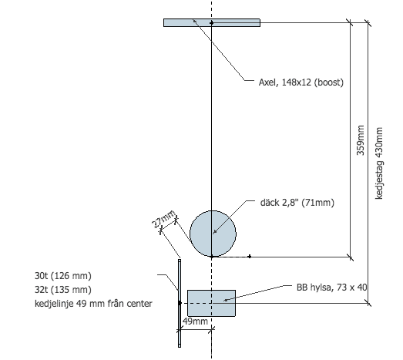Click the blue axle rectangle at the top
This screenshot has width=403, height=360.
(x=212, y=22)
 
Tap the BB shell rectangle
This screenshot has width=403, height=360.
(x=212, y=303)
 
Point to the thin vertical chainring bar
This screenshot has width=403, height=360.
(x=180, y=303)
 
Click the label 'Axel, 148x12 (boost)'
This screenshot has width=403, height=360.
(x=301, y=82)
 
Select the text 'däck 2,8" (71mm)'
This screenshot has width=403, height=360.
(x=297, y=203)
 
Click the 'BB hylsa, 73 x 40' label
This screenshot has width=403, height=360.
(x=332, y=288)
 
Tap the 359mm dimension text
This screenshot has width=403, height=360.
(x=361, y=140)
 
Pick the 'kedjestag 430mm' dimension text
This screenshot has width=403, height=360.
(x=379, y=163)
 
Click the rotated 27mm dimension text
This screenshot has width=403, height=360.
(x=164, y=219)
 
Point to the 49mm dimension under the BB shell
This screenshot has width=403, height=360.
(x=195, y=321)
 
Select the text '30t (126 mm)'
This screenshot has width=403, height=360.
(x=63, y=276)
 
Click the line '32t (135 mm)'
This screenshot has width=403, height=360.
(x=63, y=290)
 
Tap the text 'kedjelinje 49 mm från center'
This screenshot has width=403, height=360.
(x=93, y=304)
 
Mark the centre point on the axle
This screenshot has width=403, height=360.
(x=212, y=23)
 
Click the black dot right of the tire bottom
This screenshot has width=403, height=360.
(x=250, y=257)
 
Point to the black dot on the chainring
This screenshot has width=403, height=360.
(x=180, y=303)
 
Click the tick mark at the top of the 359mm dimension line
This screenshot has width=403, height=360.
(x=351, y=22)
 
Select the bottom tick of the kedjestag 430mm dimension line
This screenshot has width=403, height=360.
(x=368, y=303)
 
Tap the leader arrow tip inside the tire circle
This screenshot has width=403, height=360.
(x=214, y=233)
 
